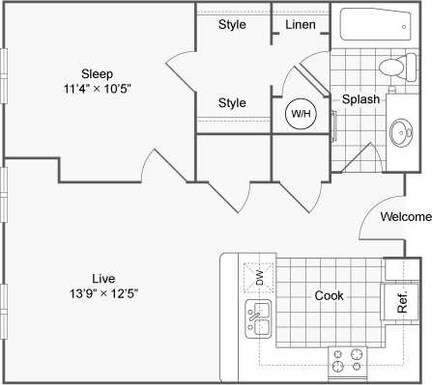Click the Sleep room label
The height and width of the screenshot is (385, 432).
pyautogui.click(x=97, y=73)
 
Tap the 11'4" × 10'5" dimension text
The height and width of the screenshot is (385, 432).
pyautogui.click(x=97, y=89)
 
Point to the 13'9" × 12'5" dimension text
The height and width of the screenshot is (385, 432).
pyautogui.click(x=97, y=293)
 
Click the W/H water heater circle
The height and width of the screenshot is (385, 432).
pyautogui.click(x=301, y=114)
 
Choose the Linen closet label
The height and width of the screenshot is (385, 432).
pyautogui.click(x=301, y=24)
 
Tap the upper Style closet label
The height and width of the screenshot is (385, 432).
pyautogui.click(x=231, y=24)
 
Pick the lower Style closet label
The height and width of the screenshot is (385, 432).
pyautogui.click(x=231, y=102)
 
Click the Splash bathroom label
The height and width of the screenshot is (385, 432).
pyautogui.click(x=360, y=99)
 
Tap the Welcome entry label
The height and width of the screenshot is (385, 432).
pyautogui.click(x=405, y=216)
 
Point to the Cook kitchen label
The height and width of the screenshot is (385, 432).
pyautogui.click(x=330, y=295)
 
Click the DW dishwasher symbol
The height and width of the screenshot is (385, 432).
pyautogui.click(x=258, y=277)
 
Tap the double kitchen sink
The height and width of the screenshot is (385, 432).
pyautogui.click(x=258, y=317)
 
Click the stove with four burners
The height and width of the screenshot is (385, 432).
pyautogui.click(x=351, y=361)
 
